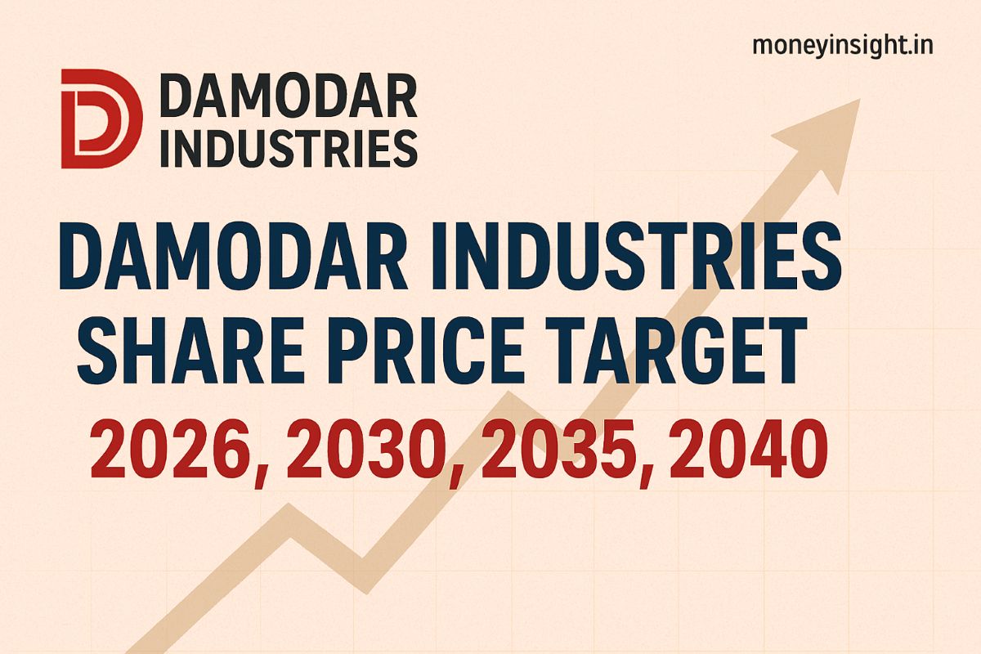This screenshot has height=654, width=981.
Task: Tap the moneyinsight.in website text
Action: pos(842,46)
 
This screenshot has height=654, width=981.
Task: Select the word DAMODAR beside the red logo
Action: pos(289,95)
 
